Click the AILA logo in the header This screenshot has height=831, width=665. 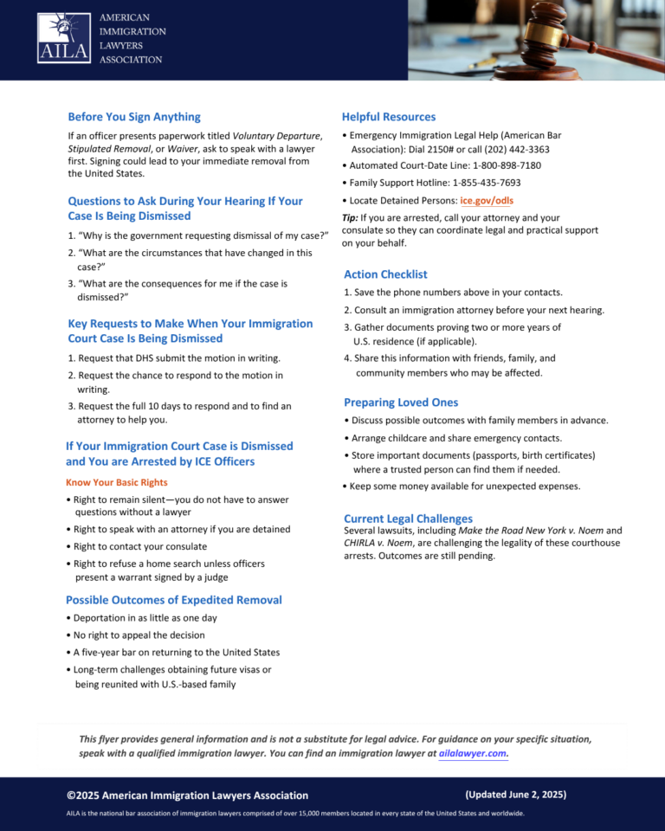tap(63, 37)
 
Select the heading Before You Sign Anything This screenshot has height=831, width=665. tap(134, 117)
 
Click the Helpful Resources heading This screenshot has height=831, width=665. tap(389, 117)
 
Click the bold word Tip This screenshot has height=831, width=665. tap(351, 218)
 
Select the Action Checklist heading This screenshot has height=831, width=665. tap(385, 274)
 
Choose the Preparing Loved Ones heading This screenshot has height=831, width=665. tap(401, 403)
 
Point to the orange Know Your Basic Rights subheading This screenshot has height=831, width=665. tap(117, 482)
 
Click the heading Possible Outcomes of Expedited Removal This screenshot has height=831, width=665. tap(174, 600)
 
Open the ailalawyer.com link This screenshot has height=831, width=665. tap(473, 753)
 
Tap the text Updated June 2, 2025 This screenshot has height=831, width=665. tap(515, 794)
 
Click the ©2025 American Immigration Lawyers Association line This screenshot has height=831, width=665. tap(187, 795)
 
